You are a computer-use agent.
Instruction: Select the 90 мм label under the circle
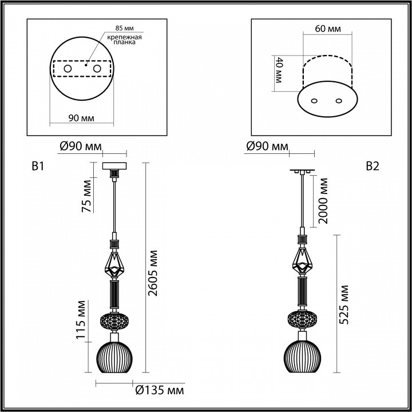pos(81,118)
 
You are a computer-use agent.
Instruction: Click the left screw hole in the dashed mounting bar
pos(67,69)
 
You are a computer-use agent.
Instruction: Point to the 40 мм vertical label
pos(279,71)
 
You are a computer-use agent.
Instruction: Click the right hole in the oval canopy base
pos(339,101)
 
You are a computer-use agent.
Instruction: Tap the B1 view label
pos(38,167)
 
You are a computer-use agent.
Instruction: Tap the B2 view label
pos(373,167)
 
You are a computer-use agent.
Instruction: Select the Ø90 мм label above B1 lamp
pos(78,148)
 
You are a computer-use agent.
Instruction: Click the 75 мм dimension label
pos(86,196)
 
